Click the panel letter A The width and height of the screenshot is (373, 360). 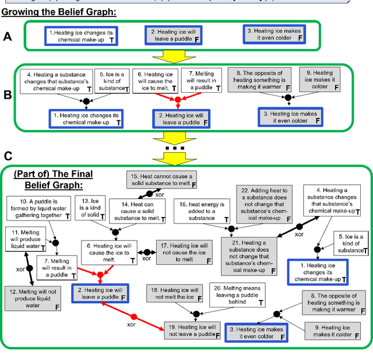pos(8,36)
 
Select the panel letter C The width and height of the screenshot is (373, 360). pos(8,156)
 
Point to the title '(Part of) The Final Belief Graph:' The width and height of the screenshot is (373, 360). pos(53,180)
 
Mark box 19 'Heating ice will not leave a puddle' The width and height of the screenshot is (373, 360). pos(193,331)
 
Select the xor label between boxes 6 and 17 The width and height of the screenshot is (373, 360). pos(147,259)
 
